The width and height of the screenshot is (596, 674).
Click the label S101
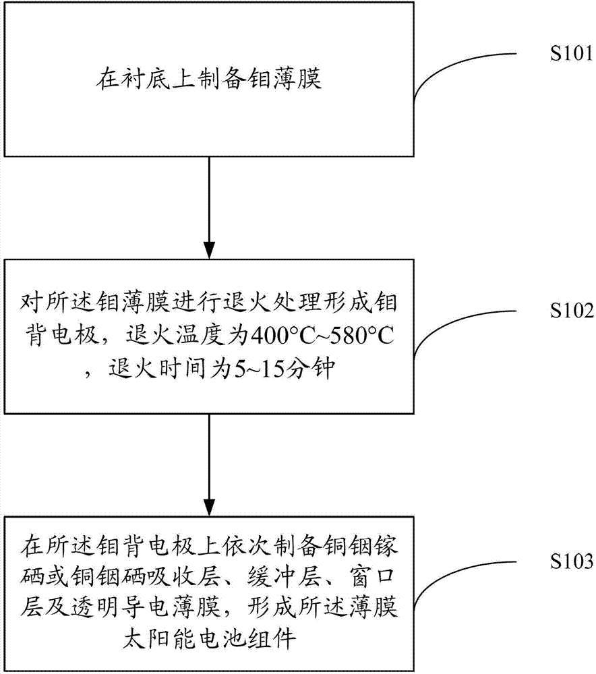572,54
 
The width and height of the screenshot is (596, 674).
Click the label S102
572,310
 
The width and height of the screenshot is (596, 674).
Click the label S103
572,561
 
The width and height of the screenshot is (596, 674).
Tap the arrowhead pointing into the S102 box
209,251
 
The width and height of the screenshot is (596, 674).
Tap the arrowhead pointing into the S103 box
209,508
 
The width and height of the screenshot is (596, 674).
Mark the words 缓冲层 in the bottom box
285,578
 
